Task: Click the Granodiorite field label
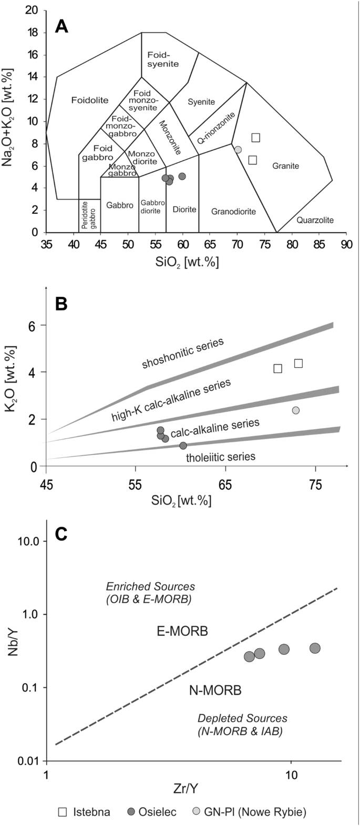(x=233, y=211)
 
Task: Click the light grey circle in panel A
(x=238, y=150)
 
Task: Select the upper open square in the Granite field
(x=255, y=138)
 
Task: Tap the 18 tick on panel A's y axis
(x=35, y=33)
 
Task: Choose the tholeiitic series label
(x=221, y=457)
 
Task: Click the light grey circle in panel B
(x=296, y=410)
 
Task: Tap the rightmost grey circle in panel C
(x=315, y=648)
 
